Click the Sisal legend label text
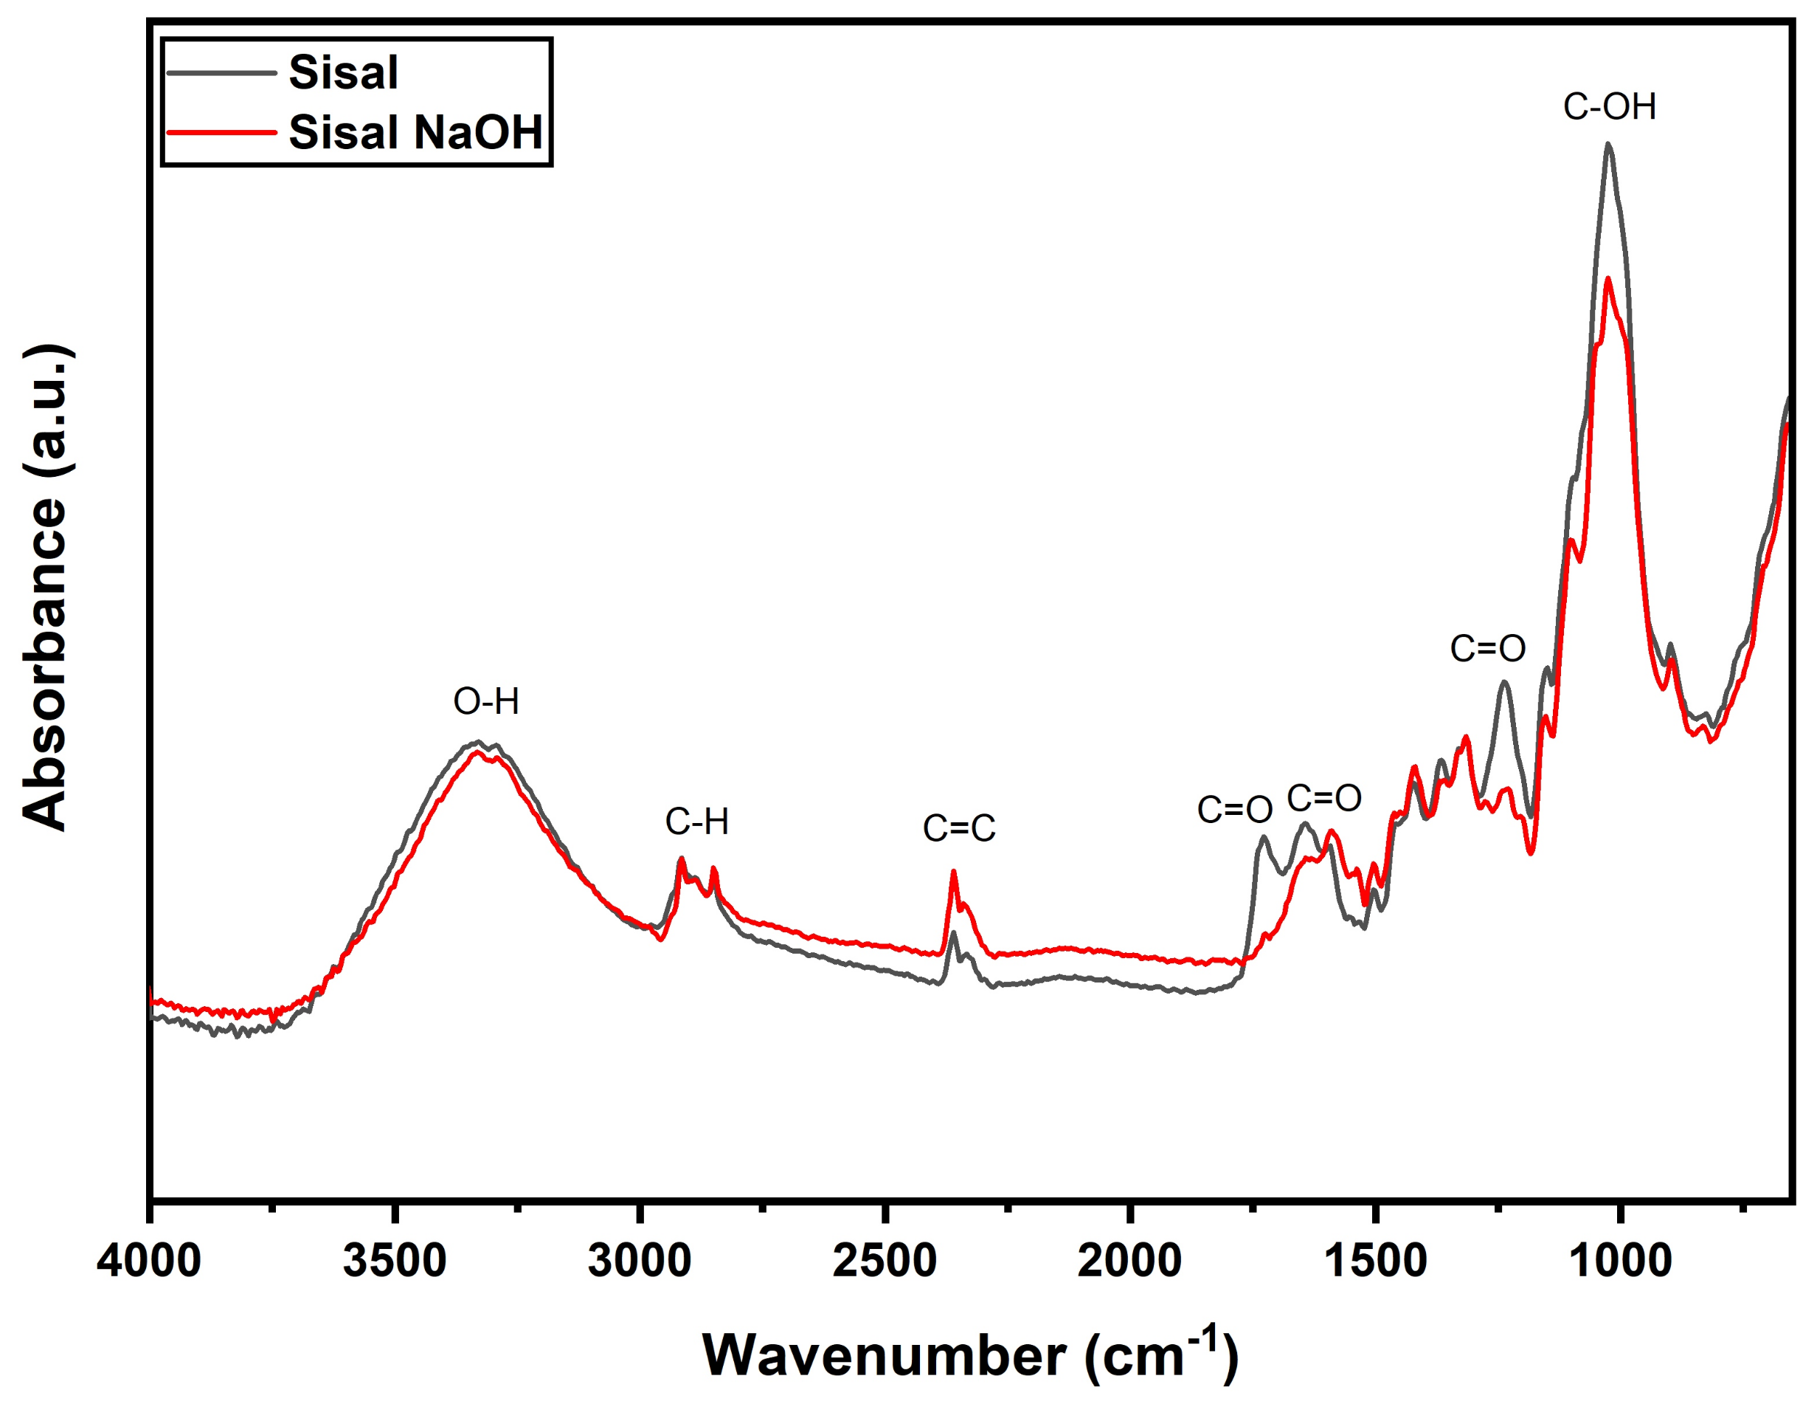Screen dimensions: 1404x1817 (x=343, y=72)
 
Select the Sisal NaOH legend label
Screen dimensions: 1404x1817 (x=415, y=132)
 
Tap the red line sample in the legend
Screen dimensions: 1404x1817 (x=221, y=132)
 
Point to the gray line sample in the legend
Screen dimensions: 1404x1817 (x=221, y=72)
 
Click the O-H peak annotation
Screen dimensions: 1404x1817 (x=486, y=701)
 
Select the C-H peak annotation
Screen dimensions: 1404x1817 (x=696, y=822)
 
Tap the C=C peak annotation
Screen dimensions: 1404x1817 (x=958, y=829)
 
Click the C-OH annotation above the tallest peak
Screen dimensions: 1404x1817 (x=1609, y=107)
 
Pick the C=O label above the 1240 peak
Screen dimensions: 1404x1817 (x=1487, y=649)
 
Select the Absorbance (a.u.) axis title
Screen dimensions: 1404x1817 (x=46, y=587)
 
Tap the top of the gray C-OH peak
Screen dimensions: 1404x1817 (x=1607, y=144)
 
